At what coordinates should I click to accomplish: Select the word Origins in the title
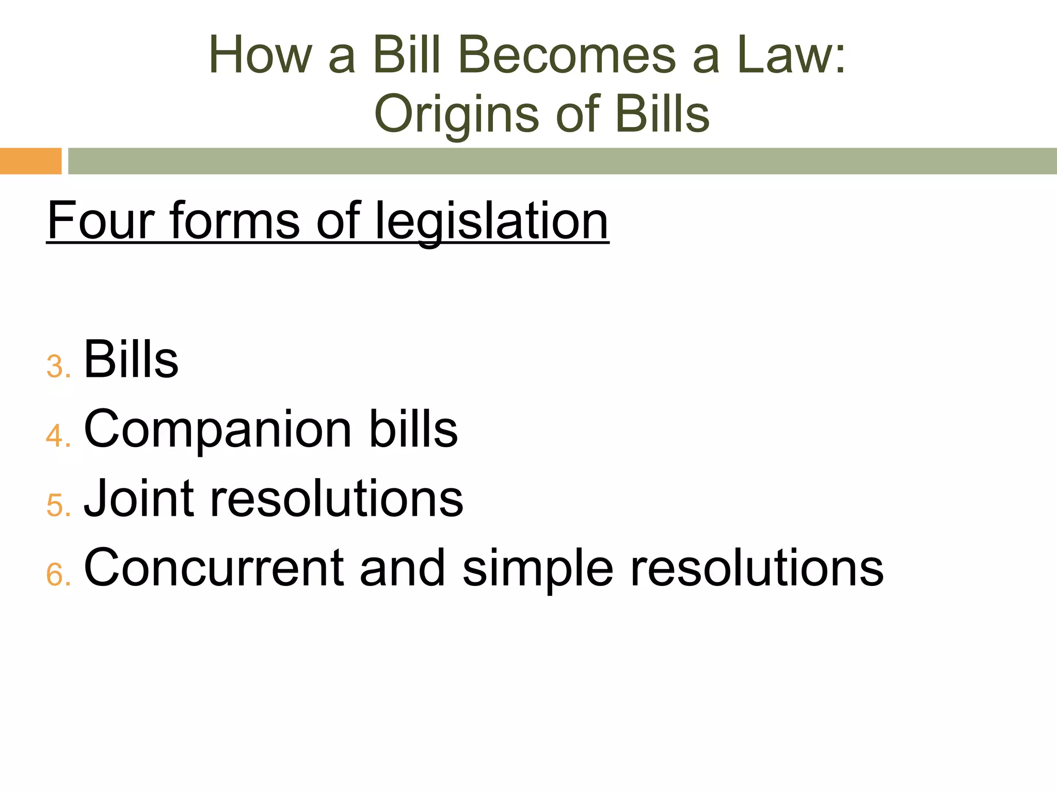coord(456,115)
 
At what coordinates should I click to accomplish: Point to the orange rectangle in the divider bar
coord(30,161)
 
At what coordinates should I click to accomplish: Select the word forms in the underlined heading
coord(235,220)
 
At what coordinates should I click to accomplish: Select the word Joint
coord(138,498)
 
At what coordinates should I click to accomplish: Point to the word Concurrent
coord(214,567)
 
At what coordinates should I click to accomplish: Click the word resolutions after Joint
coord(337,498)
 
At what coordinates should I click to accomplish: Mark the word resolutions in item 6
coord(757,567)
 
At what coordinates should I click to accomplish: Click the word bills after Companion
coord(413,429)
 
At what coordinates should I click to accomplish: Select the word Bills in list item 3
coord(131,359)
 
